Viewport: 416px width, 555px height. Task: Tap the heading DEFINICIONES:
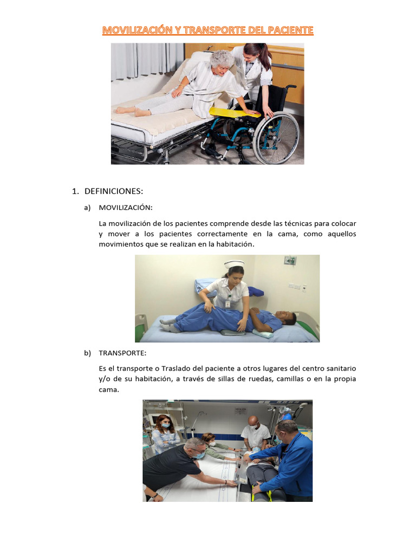[x=114, y=191]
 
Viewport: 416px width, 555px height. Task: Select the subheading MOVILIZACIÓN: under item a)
[x=126, y=208]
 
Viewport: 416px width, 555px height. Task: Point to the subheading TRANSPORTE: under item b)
[x=122, y=353]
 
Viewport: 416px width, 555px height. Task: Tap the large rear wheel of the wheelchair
[x=276, y=138]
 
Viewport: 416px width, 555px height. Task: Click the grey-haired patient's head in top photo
[x=222, y=63]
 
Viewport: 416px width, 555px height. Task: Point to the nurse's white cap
[x=234, y=264]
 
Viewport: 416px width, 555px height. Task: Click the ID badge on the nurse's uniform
[x=227, y=304]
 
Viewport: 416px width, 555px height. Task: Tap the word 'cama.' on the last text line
[x=109, y=390]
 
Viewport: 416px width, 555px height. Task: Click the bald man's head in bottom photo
[x=253, y=423]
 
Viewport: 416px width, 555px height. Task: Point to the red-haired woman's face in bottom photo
[x=165, y=423]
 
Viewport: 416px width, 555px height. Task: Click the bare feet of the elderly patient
[x=132, y=111]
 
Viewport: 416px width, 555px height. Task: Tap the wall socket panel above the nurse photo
[x=290, y=261]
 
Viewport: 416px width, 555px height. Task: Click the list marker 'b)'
[x=87, y=353]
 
